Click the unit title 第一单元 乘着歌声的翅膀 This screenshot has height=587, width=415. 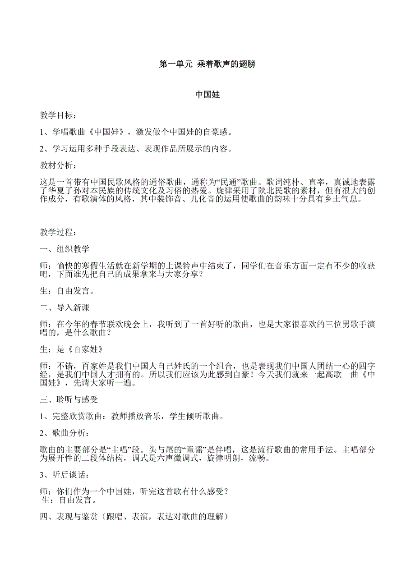(x=207, y=64)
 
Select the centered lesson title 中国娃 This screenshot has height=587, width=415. (x=207, y=95)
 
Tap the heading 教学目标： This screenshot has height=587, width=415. (x=58, y=116)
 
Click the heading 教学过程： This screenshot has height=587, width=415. (x=58, y=233)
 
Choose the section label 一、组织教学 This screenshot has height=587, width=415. (x=65, y=249)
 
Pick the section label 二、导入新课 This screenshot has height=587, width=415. (x=65, y=307)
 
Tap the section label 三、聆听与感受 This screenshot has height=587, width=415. (x=69, y=399)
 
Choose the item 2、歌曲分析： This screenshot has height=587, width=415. (x=61, y=433)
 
